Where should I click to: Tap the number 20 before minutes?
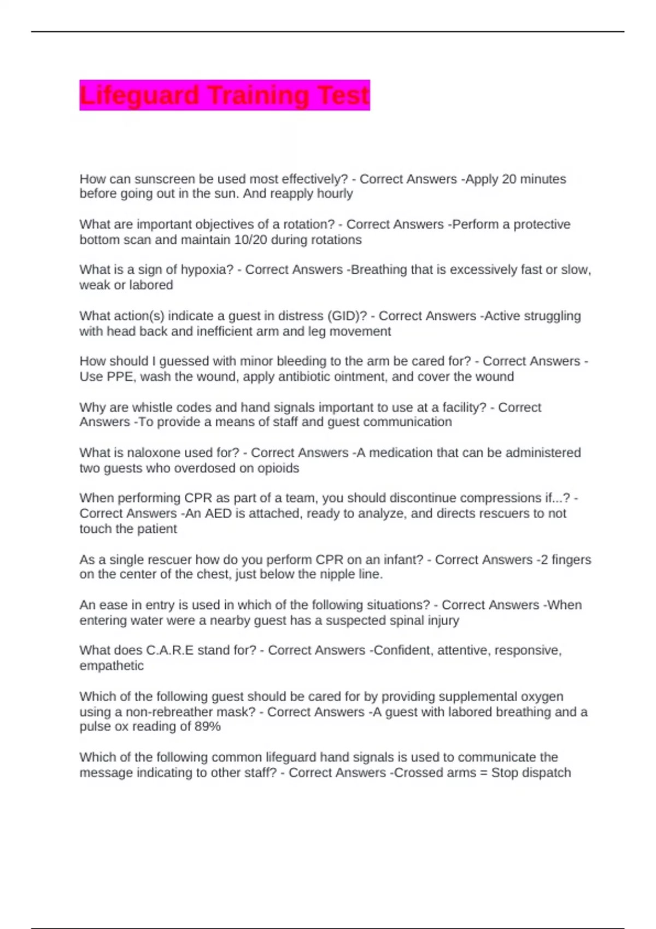coord(508,179)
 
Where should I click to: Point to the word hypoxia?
coord(207,270)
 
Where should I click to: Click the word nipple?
coord(327,574)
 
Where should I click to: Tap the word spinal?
coord(410,620)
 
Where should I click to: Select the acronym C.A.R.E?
coord(169,650)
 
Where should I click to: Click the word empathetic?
coord(112,666)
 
